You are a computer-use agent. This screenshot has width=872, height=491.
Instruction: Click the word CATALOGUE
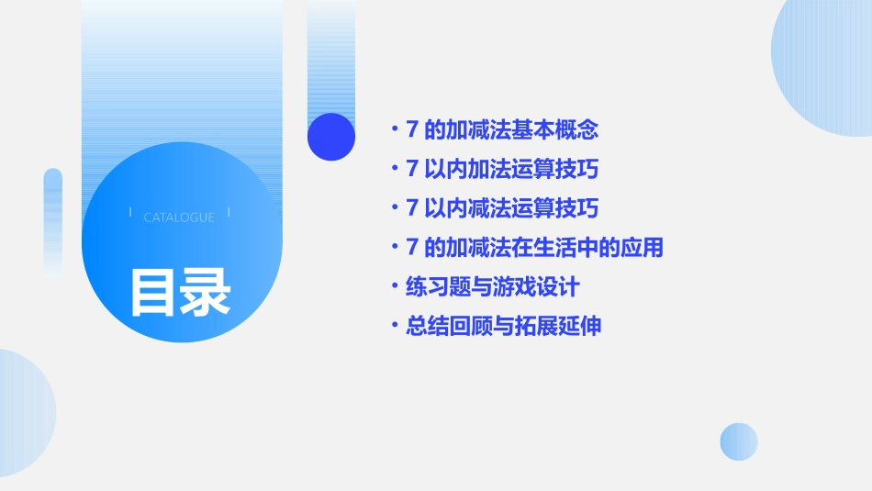tap(179, 218)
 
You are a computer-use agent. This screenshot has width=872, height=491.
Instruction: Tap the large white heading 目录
tap(180, 292)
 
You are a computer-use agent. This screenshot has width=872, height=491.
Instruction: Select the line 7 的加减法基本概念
tap(502, 130)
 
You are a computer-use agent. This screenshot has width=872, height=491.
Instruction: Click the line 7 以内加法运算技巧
tap(502, 170)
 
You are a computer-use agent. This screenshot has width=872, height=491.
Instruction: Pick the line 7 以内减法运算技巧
tap(502, 208)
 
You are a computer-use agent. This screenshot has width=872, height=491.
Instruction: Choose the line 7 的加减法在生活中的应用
tap(534, 248)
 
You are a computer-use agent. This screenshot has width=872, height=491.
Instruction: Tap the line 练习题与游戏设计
tap(492, 287)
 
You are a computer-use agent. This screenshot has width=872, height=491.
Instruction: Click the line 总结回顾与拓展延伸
tap(503, 327)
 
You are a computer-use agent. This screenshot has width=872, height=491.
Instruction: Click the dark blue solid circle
tap(331, 137)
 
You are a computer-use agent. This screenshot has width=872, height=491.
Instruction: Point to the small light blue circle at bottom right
tap(739, 441)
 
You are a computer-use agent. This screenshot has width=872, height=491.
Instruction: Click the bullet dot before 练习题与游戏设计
tap(394, 287)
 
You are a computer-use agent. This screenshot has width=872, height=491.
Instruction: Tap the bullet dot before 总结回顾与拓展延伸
tap(394, 327)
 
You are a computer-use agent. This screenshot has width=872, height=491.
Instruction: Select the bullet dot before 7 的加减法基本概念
tap(394, 130)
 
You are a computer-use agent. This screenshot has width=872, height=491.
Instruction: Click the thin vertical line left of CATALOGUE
tap(131, 213)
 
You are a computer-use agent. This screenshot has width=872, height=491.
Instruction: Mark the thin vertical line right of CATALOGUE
tap(229, 213)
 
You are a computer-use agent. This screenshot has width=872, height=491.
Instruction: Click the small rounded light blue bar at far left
tap(53, 220)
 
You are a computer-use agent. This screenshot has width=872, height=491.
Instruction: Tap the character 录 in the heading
tap(206, 292)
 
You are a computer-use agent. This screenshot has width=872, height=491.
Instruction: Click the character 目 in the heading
tap(153, 292)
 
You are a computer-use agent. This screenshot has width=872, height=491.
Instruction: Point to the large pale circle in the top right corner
tap(826, 64)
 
